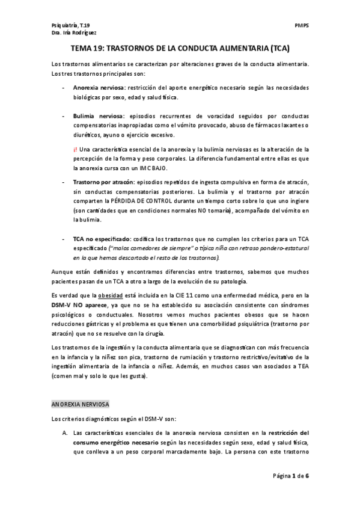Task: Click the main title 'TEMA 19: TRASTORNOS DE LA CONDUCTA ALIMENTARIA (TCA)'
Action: pyautogui.click(x=180, y=51)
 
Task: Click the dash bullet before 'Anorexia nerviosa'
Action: pyautogui.click(x=64, y=88)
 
